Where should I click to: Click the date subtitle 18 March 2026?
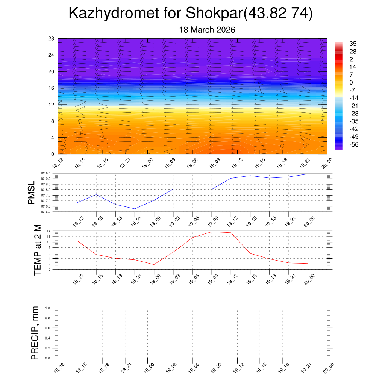[207, 30]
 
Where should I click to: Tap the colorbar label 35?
[353, 44]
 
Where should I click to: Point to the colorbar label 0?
[351, 83]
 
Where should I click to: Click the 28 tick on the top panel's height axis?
[52, 39]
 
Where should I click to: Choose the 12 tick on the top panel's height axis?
[52, 105]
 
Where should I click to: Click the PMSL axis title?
[32, 192]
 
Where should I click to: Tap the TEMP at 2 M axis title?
[37, 250]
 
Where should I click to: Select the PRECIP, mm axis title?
[35, 333]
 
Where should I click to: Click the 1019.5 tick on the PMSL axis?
[50, 173]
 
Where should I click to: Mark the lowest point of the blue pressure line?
[135, 209]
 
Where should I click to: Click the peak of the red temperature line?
[212, 232]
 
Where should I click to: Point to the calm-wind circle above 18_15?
[80, 121]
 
